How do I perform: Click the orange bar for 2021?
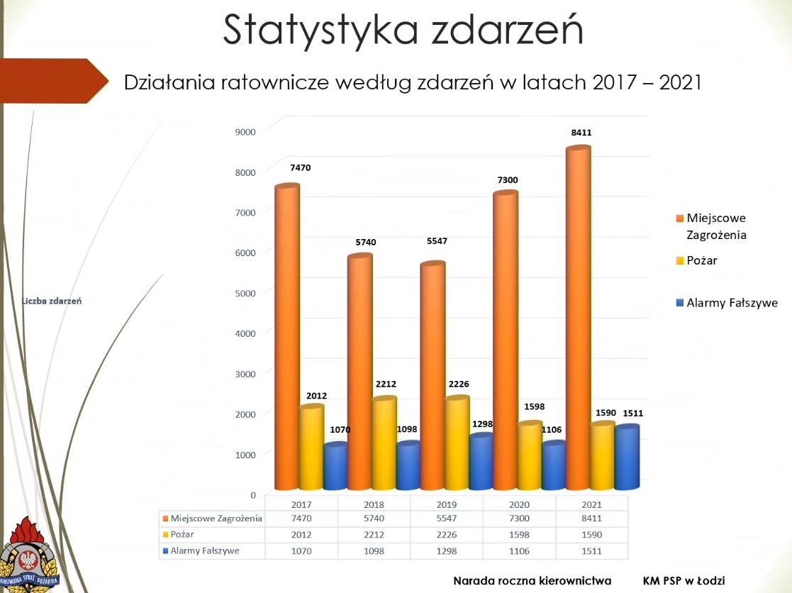(579, 319)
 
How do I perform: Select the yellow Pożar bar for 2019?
(457, 443)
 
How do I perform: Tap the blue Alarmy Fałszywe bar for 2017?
(335, 467)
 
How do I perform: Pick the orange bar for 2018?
(360, 372)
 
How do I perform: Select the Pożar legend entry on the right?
(702, 260)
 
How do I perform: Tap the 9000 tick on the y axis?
(245, 131)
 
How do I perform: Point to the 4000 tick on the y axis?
(245, 333)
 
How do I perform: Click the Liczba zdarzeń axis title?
(52, 301)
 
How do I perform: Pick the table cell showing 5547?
(446, 519)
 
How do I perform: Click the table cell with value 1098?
(373, 550)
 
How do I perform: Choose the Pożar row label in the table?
(182, 534)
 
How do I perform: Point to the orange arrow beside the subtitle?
(53, 82)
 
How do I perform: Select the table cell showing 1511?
(591, 550)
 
